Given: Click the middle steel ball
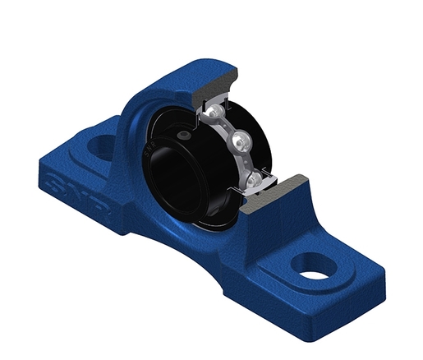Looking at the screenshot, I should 241,137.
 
